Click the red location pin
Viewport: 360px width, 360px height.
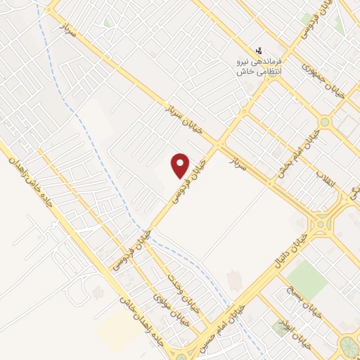click(181, 165)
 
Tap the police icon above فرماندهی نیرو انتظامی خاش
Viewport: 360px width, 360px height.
click(259, 51)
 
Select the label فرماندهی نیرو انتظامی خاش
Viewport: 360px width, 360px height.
click(259, 66)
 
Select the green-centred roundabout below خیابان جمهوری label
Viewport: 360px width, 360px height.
click(324, 122)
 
